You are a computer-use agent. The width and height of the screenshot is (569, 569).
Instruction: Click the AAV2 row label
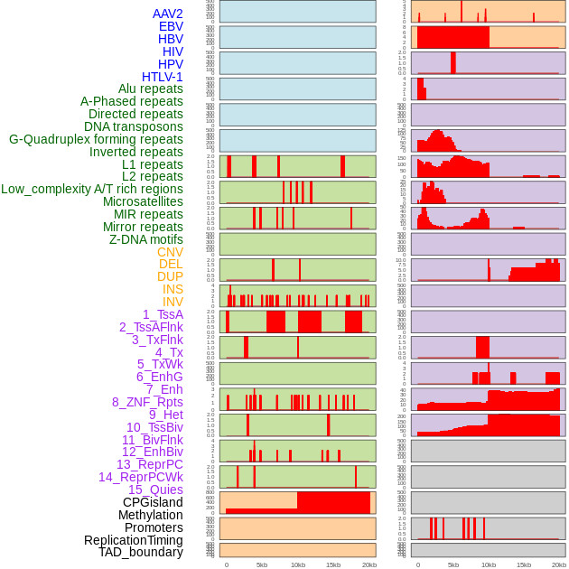(x=168, y=14)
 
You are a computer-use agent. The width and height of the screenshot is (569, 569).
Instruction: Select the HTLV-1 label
(x=163, y=77)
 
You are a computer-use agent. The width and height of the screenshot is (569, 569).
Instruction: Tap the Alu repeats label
(x=151, y=89)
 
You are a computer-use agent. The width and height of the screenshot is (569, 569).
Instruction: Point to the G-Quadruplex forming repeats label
(x=96, y=140)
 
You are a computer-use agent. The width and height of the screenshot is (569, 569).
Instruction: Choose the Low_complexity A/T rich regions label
(x=92, y=189)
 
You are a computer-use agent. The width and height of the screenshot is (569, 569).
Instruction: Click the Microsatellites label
(x=143, y=201)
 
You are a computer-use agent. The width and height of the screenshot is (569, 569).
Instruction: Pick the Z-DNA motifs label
(x=146, y=239)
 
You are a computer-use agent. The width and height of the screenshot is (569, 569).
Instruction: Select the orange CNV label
(x=170, y=252)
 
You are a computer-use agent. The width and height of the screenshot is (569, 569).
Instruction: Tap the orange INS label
(x=173, y=289)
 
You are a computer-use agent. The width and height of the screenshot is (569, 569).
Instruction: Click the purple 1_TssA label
(x=163, y=314)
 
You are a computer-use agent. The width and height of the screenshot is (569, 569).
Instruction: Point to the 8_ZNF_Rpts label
(x=147, y=402)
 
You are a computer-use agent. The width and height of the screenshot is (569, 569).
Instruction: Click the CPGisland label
(x=153, y=502)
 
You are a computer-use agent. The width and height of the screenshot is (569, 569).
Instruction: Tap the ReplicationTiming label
(x=134, y=540)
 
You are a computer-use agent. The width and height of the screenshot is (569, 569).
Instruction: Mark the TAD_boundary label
(x=141, y=552)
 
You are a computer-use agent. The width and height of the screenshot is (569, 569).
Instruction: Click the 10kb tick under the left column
(x=298, y=564)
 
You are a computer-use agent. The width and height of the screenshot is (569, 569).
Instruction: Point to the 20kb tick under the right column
(x=559, y=564)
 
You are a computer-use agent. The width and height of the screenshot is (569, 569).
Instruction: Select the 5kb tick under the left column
(x=262, y=564)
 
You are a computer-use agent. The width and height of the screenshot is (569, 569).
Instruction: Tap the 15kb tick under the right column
(x=524, y=564)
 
